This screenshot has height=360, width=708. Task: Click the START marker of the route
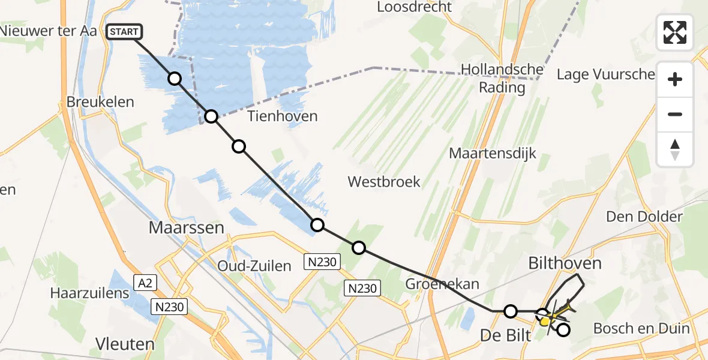(x=124, y=32)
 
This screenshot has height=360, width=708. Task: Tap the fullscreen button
(x=675, y=32)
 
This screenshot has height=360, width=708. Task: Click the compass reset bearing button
(x=675, y=149)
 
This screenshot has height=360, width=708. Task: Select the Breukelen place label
(x=100, y=101)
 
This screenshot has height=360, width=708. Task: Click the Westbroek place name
(x=384, y=181)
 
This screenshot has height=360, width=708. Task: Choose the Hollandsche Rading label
(x=502, y=79)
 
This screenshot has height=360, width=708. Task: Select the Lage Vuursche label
(x=605, y=74)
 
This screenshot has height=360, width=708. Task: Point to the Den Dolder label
(x=644, y=217)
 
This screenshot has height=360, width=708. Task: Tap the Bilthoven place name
(x=565, y=263)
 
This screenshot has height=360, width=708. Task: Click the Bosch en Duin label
(x=641, y=328)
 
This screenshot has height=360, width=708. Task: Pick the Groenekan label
(x=443, y=284)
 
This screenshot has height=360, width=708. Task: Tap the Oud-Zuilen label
(x=254, y=266)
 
